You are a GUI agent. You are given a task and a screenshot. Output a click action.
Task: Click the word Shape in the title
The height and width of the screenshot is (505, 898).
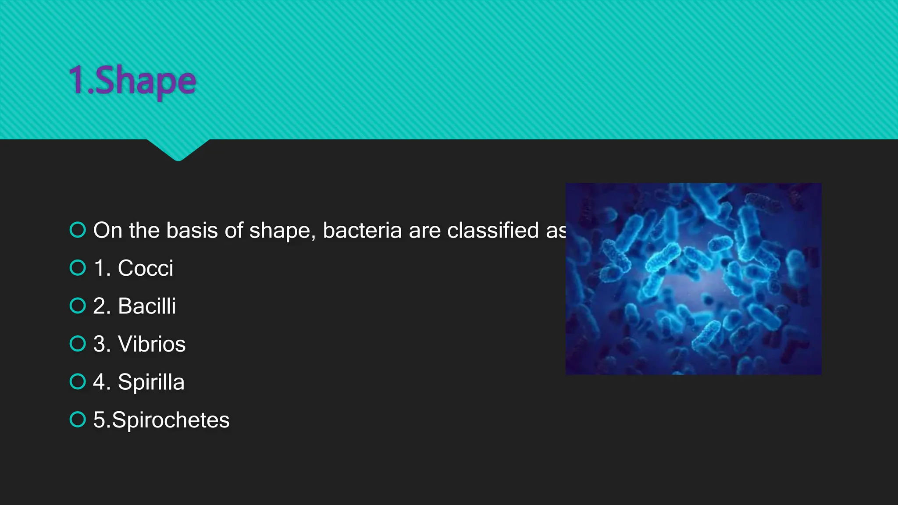pyautogui.click(x=145, y=81)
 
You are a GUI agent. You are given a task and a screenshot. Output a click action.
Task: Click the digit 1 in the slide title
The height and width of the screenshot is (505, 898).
pyautogui.click(x=77, y=80)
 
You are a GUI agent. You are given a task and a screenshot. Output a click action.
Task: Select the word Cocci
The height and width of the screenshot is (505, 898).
pyautogui.click(x=145, y=268)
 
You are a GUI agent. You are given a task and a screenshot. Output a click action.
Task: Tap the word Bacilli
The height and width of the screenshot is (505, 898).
pyautogui.click(x=147, y=306)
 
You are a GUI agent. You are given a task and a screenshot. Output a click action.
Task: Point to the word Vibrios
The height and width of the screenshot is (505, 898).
pyautogui.click(x=152, y=344)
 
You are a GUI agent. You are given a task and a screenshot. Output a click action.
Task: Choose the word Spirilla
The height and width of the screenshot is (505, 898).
pyautogui.click(x=151, y=382)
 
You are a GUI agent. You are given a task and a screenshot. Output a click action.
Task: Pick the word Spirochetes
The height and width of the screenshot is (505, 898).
pyautogui.click(x=171, y=420)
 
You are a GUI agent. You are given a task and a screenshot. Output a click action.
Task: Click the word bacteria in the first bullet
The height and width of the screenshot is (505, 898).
pyautogui.click(x=362, y=230)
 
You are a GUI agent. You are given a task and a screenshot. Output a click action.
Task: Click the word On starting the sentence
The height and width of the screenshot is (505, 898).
pyautogui.click(x=107, y=230)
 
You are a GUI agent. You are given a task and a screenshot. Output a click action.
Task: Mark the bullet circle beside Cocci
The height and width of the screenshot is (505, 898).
pyautogui.click(x=78, y=268)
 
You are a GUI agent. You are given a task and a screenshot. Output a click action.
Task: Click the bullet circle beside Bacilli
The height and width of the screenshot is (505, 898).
pyautogui.click(x=78, y=306)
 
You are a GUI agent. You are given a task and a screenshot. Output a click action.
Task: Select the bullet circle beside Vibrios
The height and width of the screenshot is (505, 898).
pyautogui.click(x=78, y=344)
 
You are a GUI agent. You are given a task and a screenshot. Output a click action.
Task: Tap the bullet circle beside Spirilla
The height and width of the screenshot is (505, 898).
pyautogui.click(x=78, y=381)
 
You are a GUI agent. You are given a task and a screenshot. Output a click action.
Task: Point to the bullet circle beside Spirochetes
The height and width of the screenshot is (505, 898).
pyautogui.click(x=78, y=420)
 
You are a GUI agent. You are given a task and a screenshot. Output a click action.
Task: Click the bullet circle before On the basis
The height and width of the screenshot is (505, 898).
pyautogui.click(x=78, y=230)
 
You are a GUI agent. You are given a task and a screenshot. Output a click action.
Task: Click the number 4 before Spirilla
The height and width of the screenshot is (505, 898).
pyautogui.click(x=100, y=382)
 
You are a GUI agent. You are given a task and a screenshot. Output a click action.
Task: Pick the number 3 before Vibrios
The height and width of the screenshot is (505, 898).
pyautogui.click(x=100, y=344)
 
